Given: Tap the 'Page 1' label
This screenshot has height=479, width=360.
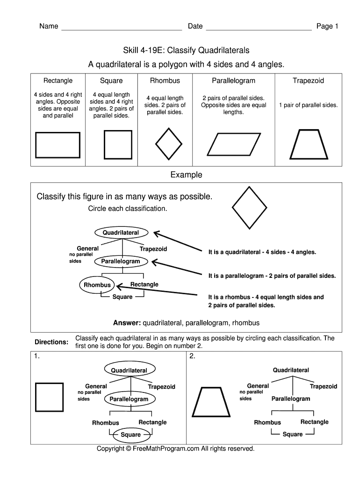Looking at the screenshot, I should tap(327, 26).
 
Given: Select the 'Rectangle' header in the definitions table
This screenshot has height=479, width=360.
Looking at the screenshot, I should tap(58, 80).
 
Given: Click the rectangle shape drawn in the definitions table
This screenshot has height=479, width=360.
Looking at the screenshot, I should tap(58, 145).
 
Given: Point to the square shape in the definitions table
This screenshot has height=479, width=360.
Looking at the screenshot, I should tap(118, 145).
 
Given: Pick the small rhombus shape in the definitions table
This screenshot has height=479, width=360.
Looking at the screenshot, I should tap(168, 144).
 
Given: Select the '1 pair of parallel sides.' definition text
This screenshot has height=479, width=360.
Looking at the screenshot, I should tap(308, 105).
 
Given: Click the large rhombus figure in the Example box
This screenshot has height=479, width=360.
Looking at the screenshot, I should tap(250, 208).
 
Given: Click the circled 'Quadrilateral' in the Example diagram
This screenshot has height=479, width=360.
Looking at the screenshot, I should tap(121, 232).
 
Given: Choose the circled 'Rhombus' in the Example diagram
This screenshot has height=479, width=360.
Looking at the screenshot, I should tap(97, 285).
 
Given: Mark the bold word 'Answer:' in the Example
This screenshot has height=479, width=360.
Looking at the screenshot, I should tap(127, 323).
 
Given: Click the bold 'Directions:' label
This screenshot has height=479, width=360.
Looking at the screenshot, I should tap(52, 342).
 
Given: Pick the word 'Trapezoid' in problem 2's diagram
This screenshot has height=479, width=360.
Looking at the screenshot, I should tap(323, 386).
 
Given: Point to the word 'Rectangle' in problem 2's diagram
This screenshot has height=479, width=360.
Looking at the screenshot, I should tap(314, 422).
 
